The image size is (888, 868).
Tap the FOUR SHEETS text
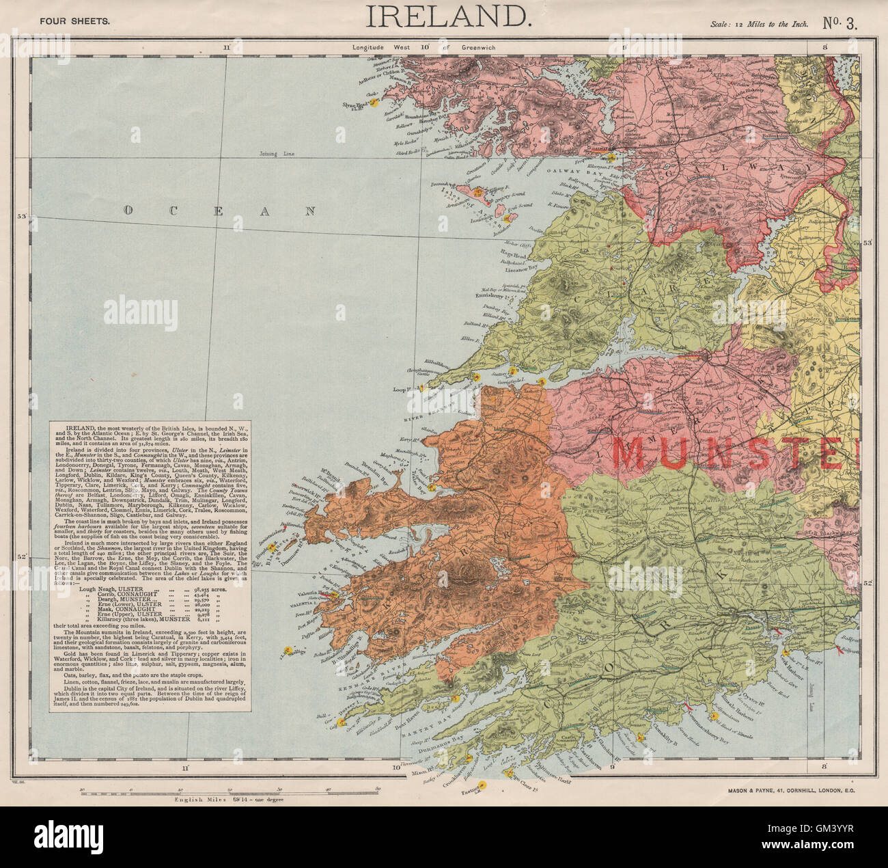pyautogui.click(x=74, y=21)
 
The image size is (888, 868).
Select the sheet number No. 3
pyautogui.click(x=840, y=23)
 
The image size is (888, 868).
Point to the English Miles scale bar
pyautogui.click(x=230, y=791)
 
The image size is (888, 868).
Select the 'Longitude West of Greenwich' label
pyautogui.click(x=424, y=48)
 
